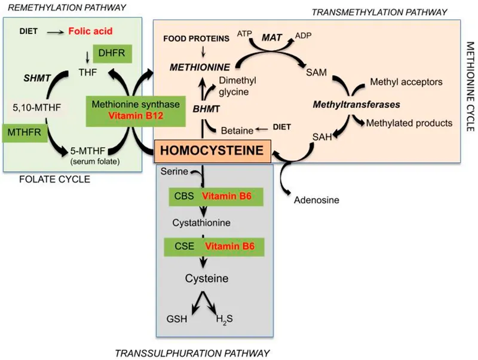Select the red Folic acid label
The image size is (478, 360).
tap(91, 30)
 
